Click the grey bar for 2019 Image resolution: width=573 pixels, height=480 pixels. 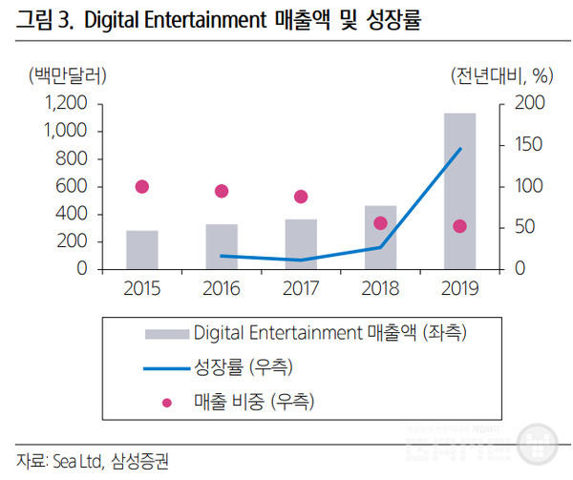[459, 191]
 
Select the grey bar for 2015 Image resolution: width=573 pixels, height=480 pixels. [142, 249]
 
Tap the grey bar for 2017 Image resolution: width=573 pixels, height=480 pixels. [301, 244]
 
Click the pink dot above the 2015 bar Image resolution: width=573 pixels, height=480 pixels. [142, 187]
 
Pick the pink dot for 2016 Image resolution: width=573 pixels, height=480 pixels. [222, 191]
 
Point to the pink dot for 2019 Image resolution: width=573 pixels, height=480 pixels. [459, 226]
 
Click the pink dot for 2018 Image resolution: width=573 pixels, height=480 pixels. [380, 223]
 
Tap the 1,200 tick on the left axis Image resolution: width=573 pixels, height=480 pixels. [66, 103]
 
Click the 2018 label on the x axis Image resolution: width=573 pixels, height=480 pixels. [380, 286]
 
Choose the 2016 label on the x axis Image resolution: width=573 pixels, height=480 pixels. [222, 286]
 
